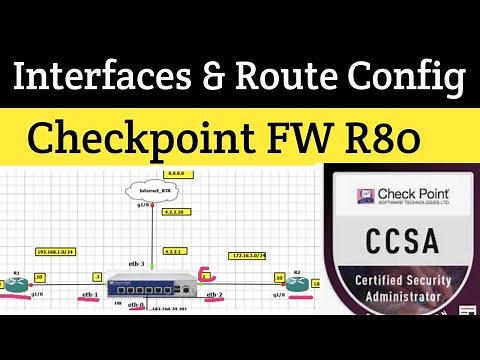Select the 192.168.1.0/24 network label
56,251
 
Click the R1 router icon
17,283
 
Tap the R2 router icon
296,283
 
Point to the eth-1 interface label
89,296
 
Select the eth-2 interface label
214,296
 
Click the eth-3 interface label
134,264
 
